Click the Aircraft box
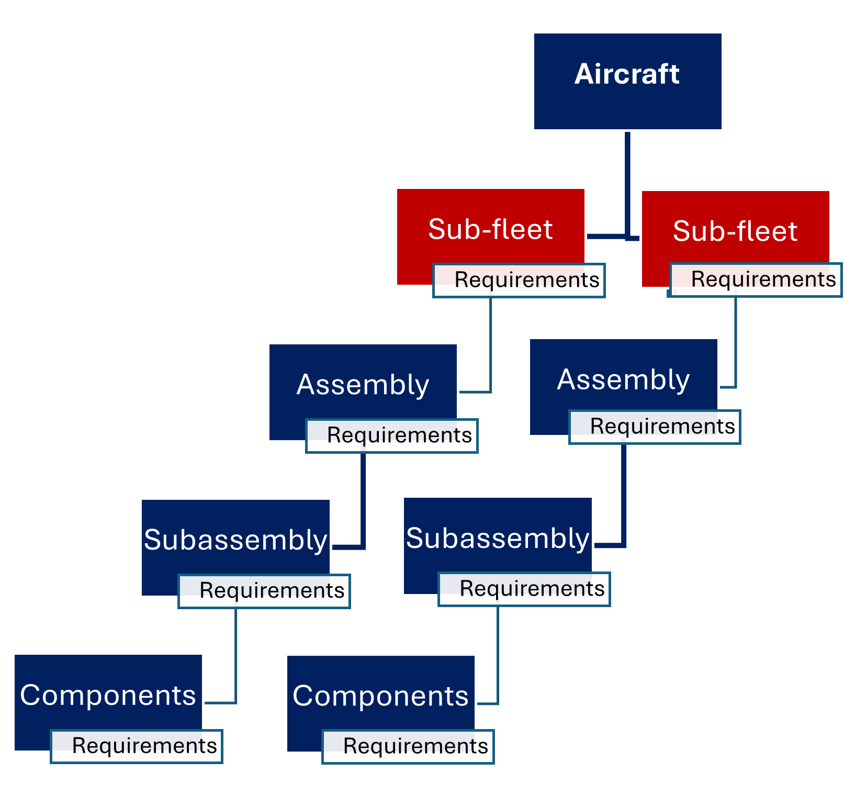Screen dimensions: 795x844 [x=627, y=81]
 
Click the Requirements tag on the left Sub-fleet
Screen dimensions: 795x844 [x=519, y=281]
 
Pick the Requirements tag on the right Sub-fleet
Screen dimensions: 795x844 [x=755, y=280]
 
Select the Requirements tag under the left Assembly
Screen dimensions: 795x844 [x=391, y=435]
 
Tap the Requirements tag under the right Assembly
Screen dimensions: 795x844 [x=655, y=427]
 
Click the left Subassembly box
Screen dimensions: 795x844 [x=235, y=539]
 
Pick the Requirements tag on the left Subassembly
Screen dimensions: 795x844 [x=264, y=591]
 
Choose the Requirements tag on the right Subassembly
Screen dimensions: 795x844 [x=524, y=589]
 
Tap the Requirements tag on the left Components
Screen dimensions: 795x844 [x=137, y=746]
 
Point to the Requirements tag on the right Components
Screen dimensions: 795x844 [x=408, y=747]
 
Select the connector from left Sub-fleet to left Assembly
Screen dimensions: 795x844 [x=490, y=345]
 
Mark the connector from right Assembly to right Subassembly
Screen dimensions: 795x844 [x=624, y=497]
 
